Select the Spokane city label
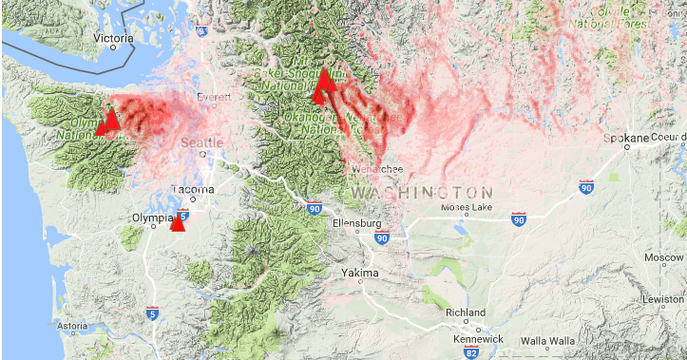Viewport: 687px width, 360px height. coord(628,138)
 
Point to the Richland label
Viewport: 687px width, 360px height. coord(468,313)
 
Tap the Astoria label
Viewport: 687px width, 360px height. coord(72,326)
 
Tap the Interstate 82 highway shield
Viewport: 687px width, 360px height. coord(472,353)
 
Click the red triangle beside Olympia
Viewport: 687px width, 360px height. coord(178,221)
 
